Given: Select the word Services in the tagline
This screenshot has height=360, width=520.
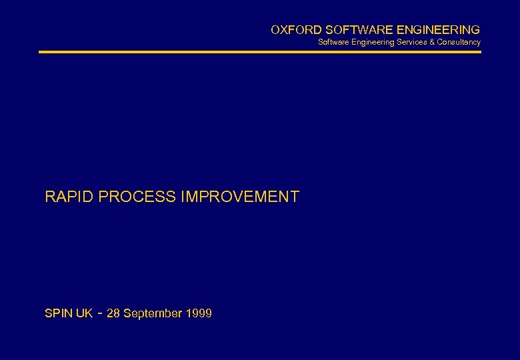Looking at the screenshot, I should (412, 42).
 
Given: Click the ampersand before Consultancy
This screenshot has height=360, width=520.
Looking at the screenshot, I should (432, 42).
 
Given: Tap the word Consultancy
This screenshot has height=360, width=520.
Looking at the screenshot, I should (459, 42).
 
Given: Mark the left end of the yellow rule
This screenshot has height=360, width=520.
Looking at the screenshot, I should (40, 52).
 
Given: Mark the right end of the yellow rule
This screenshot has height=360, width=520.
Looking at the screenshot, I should (480, 52).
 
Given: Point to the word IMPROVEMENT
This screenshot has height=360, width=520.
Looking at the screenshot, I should (240, 197).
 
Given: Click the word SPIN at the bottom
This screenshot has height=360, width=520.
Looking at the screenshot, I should (58, 313).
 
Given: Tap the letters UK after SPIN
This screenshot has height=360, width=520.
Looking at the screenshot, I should (84, 313).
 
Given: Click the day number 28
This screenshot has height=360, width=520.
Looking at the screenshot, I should (113, 313).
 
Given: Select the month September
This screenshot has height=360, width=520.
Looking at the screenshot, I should (153, 313).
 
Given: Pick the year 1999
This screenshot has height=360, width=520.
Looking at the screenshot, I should (199, 313).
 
